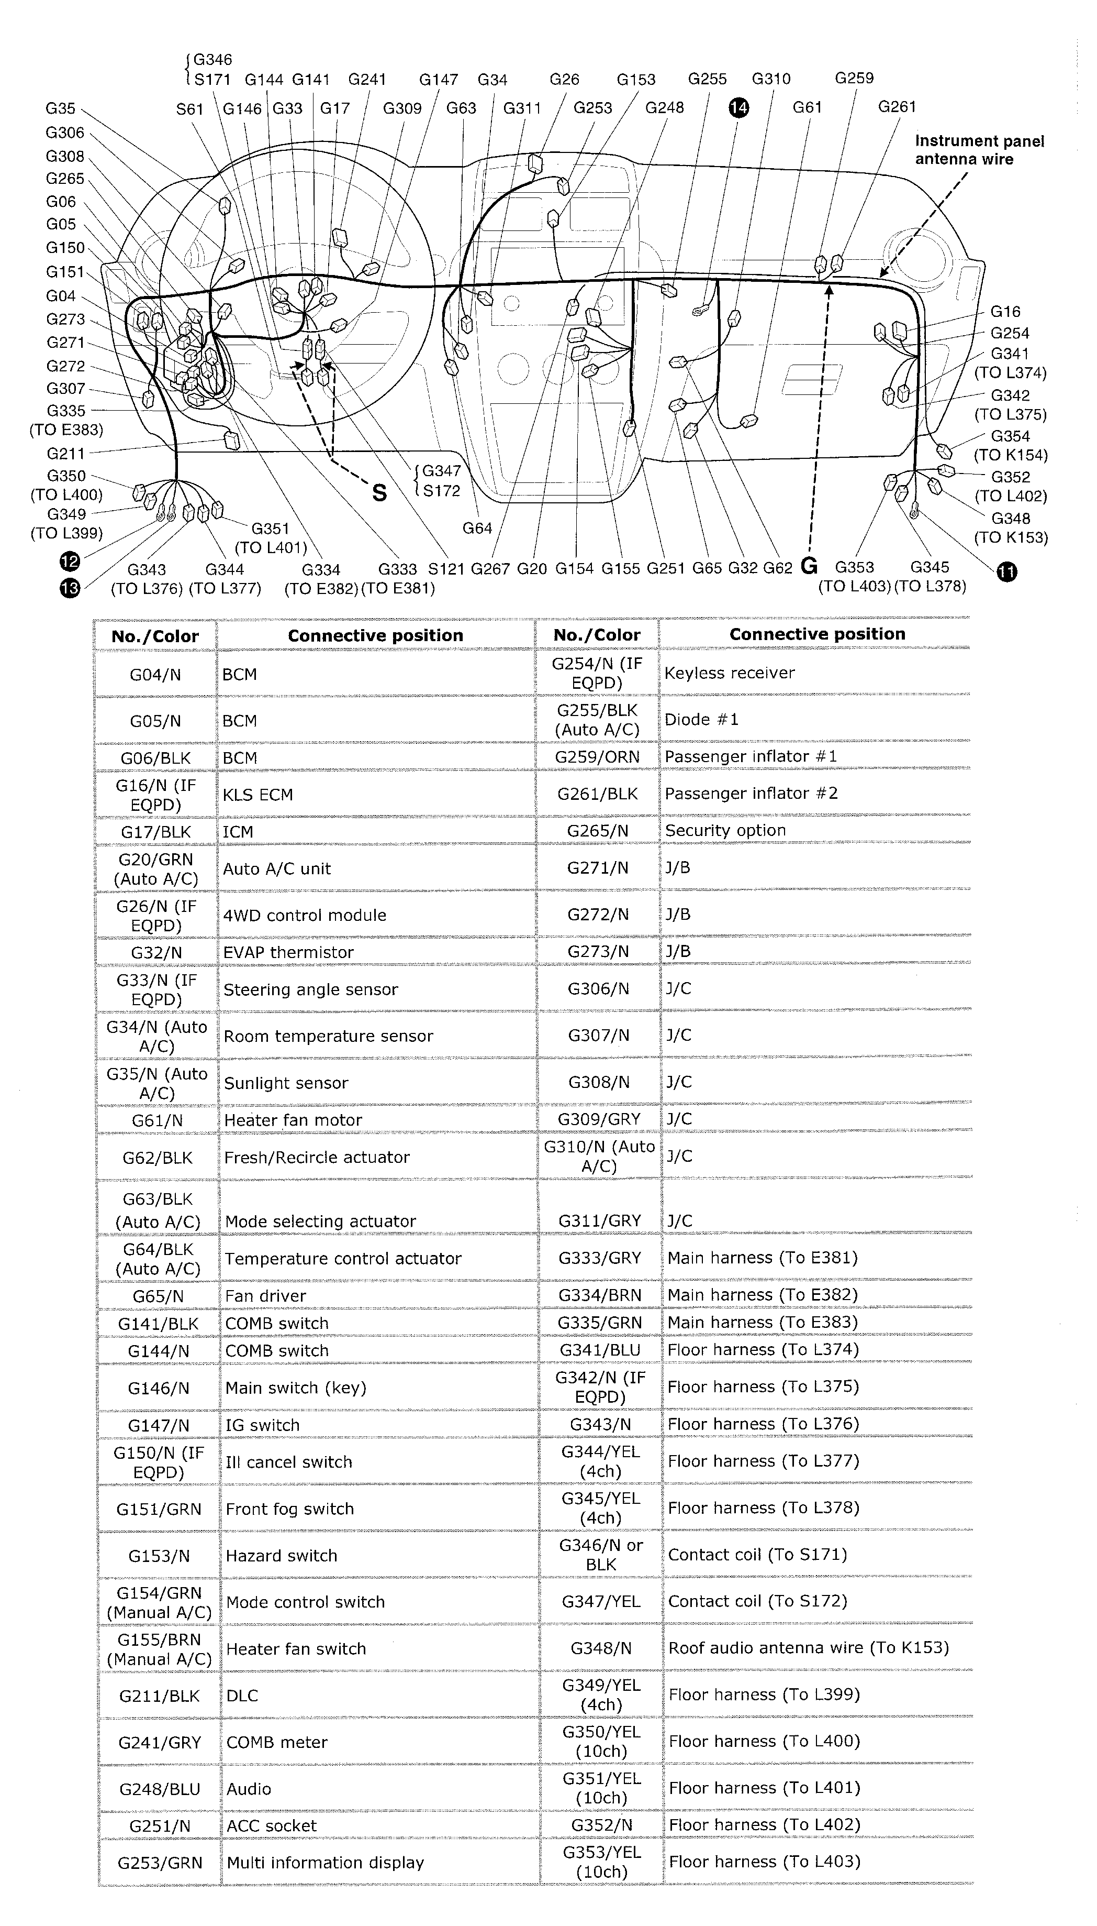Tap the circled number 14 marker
point(738,108)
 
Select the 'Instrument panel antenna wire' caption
point(979,150)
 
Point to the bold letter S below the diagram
point(380,493)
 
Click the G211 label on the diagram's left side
point(65,454)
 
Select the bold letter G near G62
point(809,566)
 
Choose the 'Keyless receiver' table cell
point(729,673)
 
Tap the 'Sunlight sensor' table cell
point(286,1083)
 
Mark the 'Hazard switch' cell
point(281,1556)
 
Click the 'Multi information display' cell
point(326,1863)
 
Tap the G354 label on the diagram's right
point(1010,436)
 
